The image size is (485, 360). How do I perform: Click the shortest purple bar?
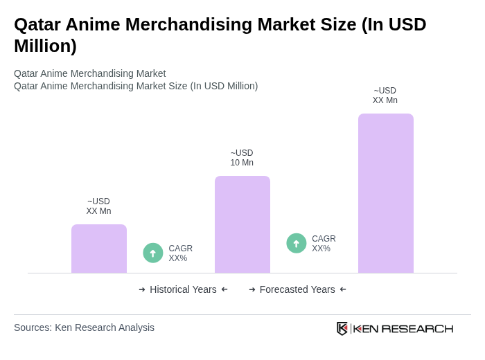pyautogui.click(x=99, y=249)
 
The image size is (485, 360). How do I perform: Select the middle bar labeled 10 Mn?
pyautogui.click(x=242, y=224)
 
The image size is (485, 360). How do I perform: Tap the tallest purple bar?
pyautogui.click(x=386, y=193)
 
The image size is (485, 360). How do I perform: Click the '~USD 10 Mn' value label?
pyautogui.click(x=242, y=158)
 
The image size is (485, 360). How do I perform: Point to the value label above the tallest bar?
pyautogui.click(x=385, y=96)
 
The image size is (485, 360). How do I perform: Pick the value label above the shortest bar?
pyautogui.click(x=98, y=206)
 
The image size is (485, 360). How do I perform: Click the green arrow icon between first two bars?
pyautogui.click(x=153, y=253)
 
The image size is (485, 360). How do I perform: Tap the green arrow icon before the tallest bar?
pyautogui.click(x=297, y=243)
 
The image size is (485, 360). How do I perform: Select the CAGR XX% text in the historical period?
pyautogui.click(x=180, y=253)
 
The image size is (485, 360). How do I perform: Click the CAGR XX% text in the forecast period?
pyautogui.click(x=324, y=244)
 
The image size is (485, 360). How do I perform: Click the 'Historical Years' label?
pyautogui.click(x=183, y=289)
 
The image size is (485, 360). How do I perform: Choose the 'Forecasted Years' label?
pyautogui.click(x=297, y=289)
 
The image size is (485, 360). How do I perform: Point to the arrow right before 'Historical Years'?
pyautogui.click(x=142, y=289)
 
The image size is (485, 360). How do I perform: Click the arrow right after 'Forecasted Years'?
pyautogui.click(x=343, y=289)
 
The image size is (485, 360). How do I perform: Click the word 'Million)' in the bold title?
pyautogui.click(x=45, y=46)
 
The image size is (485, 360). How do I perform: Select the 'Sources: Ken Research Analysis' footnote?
pyautogui.click(x=84, y=327)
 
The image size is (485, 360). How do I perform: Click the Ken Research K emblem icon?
pyautogui.click(x=342, y=328)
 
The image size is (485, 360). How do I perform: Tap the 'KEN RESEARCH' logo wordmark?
pyautogui.click(x=403, y=328)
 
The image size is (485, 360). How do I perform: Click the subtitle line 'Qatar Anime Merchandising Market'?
pyautogui.click(x=89, y=73)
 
